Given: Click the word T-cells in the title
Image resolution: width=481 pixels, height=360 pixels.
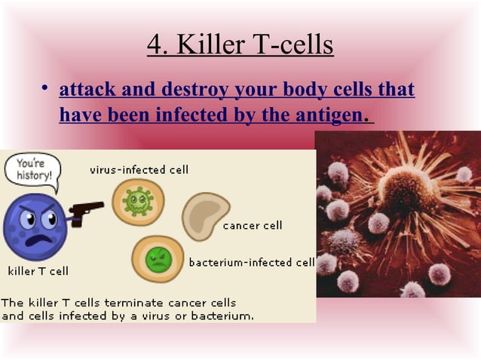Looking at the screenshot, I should click(x=291, y=45).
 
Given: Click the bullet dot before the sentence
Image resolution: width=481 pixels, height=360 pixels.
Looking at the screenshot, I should click(x=45, y=90).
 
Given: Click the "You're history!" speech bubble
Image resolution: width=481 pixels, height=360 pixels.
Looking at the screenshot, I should click(x=30, y=169).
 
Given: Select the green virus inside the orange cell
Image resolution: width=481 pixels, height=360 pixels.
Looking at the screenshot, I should click(x=137, y=201).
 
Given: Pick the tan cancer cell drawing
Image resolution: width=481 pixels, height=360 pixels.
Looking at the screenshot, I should click(x=204, y=215).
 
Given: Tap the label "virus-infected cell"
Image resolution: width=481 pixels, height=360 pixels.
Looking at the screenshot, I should click(x=139, y=169).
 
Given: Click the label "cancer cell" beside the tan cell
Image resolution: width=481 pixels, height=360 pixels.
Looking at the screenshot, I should click(x=252, y=225).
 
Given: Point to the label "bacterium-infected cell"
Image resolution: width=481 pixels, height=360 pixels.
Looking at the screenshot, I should click(x=251, y=263).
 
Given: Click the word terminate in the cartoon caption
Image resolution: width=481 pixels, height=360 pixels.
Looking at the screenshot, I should click(x=119, y=302).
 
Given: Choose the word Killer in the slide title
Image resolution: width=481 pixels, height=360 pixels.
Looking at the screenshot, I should click(x=209, y=45).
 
